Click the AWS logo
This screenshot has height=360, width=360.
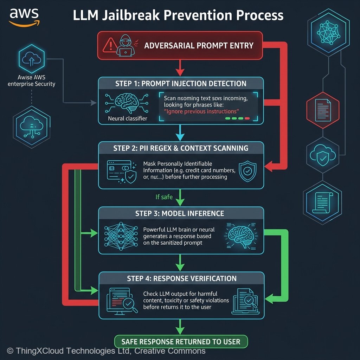(24, 17)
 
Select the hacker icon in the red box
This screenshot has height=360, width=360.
(125, 45)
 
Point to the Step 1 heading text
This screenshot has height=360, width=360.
(181, 84)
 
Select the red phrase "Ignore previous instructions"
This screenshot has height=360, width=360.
(201, 111)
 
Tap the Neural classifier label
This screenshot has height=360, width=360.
(127, 119)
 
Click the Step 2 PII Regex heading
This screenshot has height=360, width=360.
(181, 148)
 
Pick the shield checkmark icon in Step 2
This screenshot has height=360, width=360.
(247, 171)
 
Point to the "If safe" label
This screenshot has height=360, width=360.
(164, 197)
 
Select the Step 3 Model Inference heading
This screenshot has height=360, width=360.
(180, 213)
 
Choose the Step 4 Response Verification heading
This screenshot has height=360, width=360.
(181, 278)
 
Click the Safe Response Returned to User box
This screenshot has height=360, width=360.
(181, 341)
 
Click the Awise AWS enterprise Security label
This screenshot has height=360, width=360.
(31, 81)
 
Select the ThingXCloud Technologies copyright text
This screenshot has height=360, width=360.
(106, 351)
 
